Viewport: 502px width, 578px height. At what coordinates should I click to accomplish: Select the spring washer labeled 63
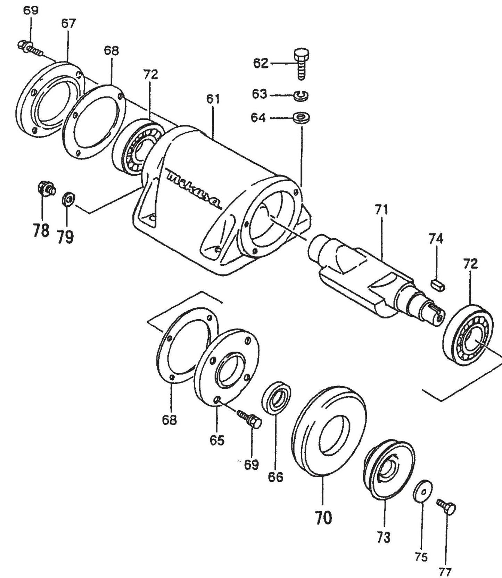(301, 96)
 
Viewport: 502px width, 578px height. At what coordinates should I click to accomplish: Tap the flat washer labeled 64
(301, 118)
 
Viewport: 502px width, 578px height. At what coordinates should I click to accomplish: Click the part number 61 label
(213, 99)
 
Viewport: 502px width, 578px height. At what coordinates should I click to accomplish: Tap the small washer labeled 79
(68, 200)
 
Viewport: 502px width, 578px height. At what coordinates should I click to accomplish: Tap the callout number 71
(381, 210)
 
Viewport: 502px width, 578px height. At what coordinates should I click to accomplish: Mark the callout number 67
(68, 24)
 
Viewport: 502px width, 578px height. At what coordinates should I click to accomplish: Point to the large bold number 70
(323, 518)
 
